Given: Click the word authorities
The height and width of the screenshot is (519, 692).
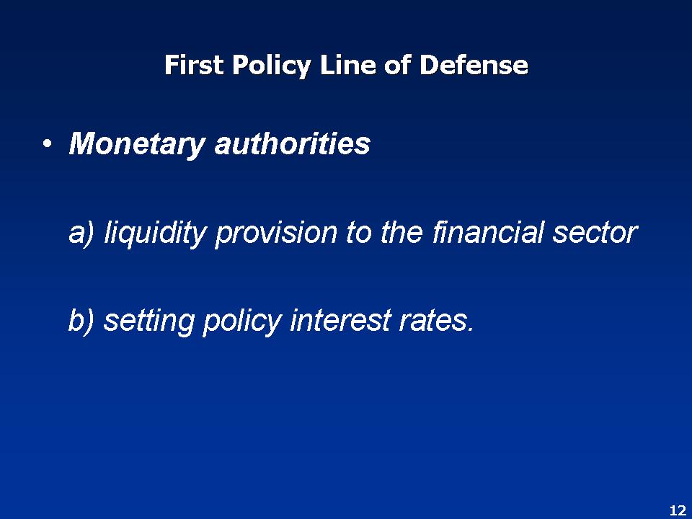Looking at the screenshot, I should pyautogui.click(x=292, y=145).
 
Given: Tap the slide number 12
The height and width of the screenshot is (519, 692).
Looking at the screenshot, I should pyautogui.click(x=677, y=510).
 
